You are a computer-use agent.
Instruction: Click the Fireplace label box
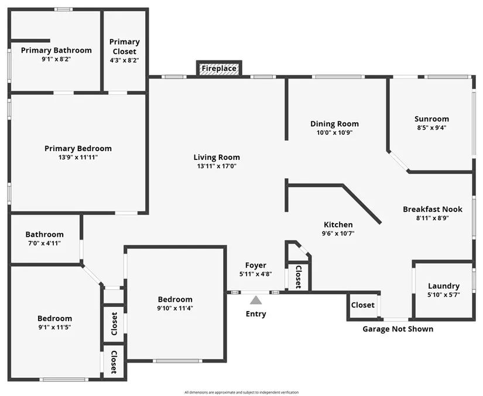(219, 69)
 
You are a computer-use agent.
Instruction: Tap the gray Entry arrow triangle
(256, 300)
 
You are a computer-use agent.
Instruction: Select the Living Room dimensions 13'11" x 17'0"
(217, 166)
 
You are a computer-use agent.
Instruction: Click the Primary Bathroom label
(56, 50)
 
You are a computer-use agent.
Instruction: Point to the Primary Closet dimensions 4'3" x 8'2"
(125, 60)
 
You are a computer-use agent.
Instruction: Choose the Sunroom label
(431, 119)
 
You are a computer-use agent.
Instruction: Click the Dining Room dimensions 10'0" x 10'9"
(334, 133)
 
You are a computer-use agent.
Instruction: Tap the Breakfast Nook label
(433, 209)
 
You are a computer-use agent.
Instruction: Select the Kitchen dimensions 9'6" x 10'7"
(338, 234)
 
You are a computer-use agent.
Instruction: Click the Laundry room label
(444, 286)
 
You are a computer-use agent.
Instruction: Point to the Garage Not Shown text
(398, 329)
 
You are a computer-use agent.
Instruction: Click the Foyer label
(256, 265)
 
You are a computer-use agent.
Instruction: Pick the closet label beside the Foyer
(298, 277)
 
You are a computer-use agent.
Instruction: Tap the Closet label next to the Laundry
(363, 305)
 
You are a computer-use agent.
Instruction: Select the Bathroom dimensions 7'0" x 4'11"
(44, 244)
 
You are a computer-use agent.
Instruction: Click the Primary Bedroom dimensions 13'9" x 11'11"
(78, 158)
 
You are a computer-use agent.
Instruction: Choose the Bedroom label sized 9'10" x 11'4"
(175, 299)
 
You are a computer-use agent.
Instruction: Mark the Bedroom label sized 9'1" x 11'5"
(54, 319)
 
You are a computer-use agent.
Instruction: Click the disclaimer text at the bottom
(241, 392)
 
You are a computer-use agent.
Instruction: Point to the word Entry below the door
(256, 314)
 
